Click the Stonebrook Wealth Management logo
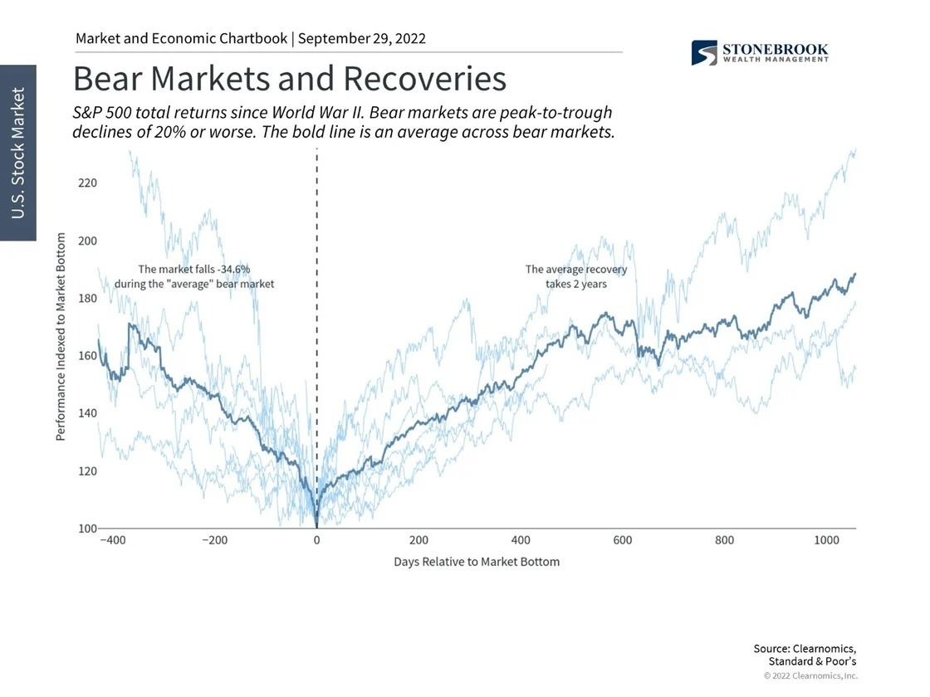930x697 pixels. tap(759, 52)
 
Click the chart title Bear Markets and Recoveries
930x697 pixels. tap(289, 79)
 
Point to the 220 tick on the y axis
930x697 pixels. tap(88, 183)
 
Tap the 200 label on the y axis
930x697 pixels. tap(88, 241)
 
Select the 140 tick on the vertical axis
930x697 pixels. tap(88, 413)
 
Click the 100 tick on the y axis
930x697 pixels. tap(88, 528)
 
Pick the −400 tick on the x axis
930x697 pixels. tap(112, 540)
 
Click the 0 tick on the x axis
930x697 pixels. tap(316, 540)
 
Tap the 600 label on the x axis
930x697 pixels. tap(623, 540)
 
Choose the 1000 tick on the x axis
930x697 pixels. tap(826, 540)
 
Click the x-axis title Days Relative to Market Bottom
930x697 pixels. tap(477, 562)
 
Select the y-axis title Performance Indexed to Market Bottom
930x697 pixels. tap(61, 336)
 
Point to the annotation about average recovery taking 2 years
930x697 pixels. tap(576, 276)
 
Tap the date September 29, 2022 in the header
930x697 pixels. tap(362, 38)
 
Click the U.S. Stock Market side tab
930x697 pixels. tap(18, 153)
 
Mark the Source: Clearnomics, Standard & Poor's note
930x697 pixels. tap(804, 655)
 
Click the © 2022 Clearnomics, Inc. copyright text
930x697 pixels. tap(810, 675)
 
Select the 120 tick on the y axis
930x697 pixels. tap(88, 470)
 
